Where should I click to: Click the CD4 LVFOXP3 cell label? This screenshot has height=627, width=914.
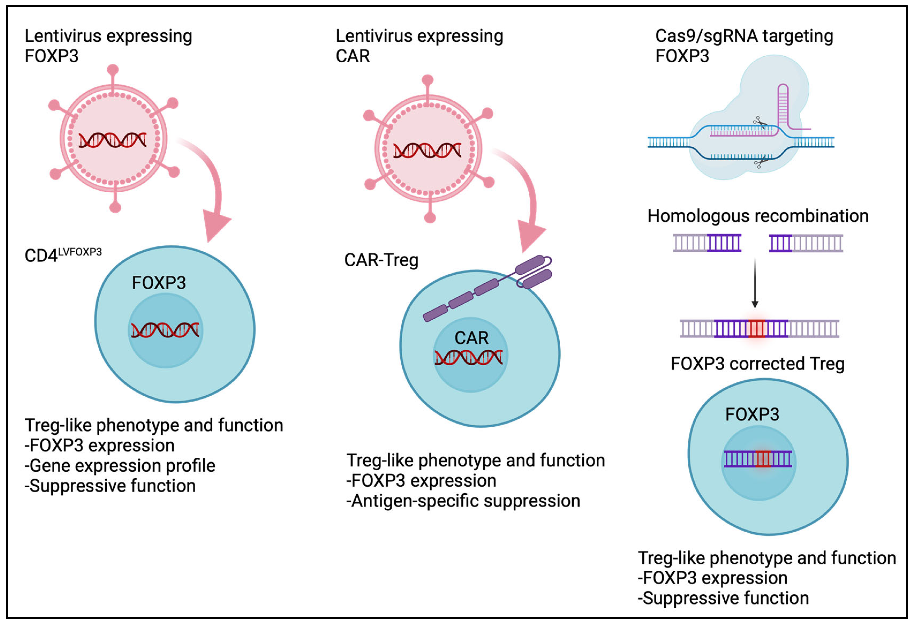63,255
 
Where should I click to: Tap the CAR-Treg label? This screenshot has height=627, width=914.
381,260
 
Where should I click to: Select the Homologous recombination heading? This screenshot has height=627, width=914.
757,216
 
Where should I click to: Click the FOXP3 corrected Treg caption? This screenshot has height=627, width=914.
757,364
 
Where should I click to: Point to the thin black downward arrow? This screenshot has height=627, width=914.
755,283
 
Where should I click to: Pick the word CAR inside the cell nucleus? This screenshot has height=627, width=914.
471,338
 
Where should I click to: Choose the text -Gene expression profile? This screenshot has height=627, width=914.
120,465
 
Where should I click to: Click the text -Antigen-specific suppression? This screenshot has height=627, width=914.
463,501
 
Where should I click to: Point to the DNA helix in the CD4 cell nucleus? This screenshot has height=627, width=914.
165,330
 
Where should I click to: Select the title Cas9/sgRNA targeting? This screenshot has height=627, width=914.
744,36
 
